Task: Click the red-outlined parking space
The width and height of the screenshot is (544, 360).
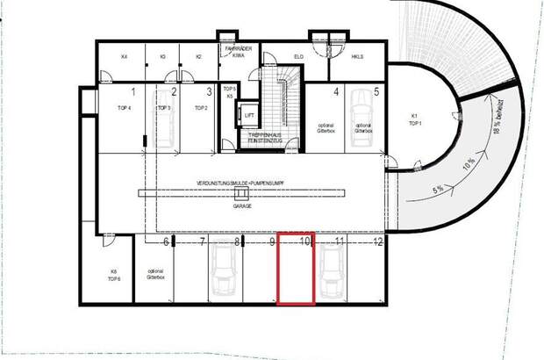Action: tap(297, 273)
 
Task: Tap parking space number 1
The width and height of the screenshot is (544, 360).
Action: tap(133, 90)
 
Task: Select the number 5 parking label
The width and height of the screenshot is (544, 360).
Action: tap(376, 90)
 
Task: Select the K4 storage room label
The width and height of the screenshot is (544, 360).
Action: tap(124, 57)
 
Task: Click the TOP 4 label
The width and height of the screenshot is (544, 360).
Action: tap(125, 107)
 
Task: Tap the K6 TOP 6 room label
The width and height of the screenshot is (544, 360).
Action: tap(114, 274)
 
